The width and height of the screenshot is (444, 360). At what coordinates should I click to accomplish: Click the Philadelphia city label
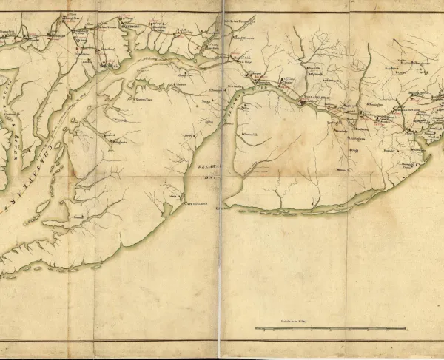coord(317,96)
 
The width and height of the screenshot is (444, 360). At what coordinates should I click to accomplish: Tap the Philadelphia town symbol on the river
coord(302,103)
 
